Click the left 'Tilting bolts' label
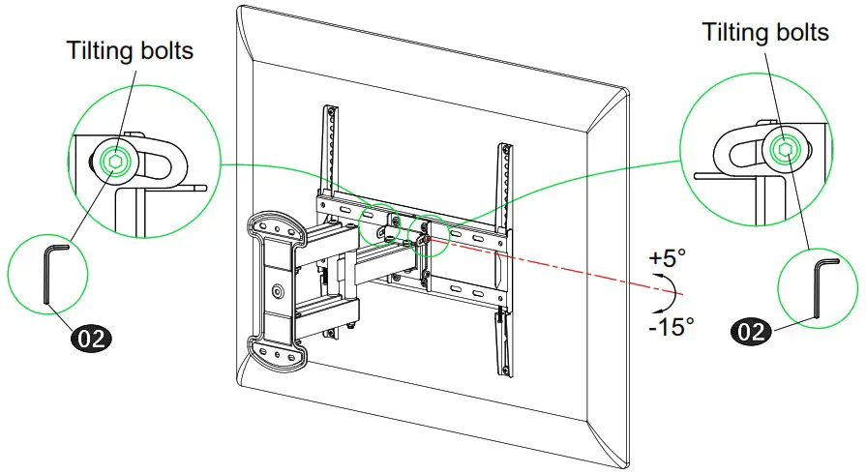(130, 50)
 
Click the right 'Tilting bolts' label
(765, 32)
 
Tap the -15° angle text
(672, 326)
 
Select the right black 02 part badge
(753, 331)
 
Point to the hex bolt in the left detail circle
(115, 163)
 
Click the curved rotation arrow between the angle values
(662, 291)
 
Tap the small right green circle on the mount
(426, 234)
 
